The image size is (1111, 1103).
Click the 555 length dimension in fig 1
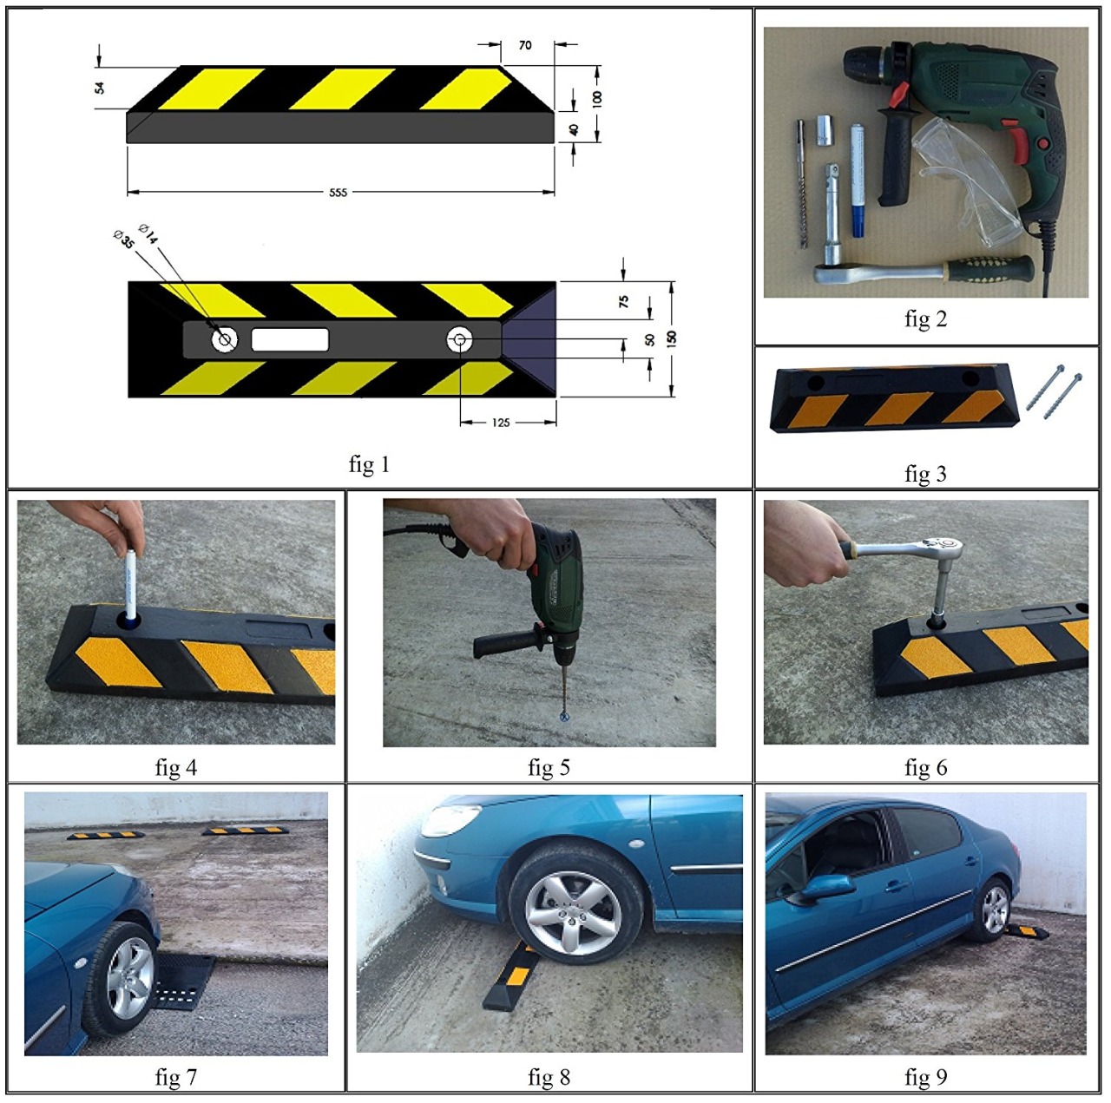[338, 192]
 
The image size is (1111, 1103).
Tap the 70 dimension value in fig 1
[524, 45]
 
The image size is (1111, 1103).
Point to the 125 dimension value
[501, 423]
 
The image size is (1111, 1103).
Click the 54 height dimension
[100, 88]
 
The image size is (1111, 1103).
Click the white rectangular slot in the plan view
[290, 339]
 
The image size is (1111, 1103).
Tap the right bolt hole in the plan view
[459, 340]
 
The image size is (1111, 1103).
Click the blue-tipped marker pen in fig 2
[857, 181]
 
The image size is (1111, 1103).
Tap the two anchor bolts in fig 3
[1054, 391]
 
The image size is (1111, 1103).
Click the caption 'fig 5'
[549, 767]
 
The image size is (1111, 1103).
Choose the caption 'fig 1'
[369, 463]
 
